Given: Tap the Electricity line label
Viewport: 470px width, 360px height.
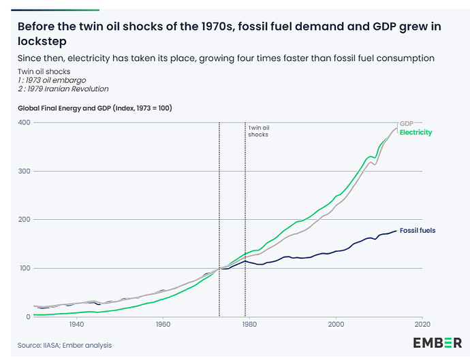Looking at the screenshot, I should point(416,132).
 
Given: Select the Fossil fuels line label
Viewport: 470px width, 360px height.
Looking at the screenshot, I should point(417,231).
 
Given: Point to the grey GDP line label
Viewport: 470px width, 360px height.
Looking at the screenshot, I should point(407,122).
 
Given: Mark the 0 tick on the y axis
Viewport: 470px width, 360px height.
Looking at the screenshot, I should point(28,317).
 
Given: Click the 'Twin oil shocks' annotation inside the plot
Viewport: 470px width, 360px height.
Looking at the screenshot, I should point(258,131).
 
